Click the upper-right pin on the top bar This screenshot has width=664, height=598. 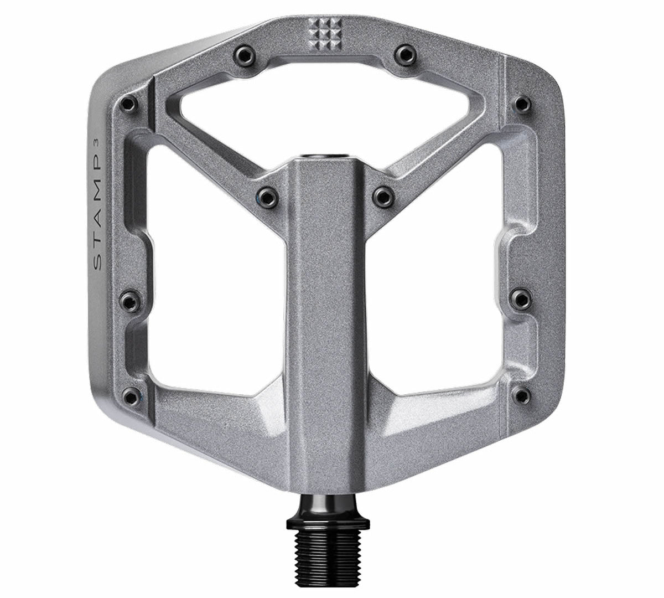pyautogui.click(x=404, y=54)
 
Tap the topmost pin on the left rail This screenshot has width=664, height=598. pyautogui.click(x=129, y=103)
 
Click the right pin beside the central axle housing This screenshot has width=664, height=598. pyautogui.click(x=382, y=195)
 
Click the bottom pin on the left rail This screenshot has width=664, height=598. pyautogui.click(x=129, y=395)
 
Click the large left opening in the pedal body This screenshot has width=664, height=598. pyautogui.click(x=216, y=277)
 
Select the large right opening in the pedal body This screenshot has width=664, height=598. pyautogui.click(x=437, y=277)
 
